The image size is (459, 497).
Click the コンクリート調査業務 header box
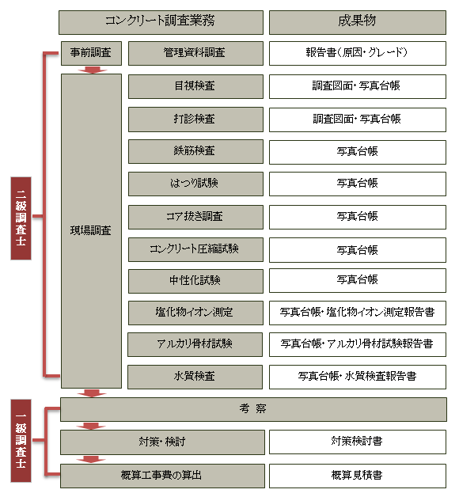click(x=161, y=22)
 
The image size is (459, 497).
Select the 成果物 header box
click(x=357, y=22)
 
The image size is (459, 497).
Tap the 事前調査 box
click(x=91, y=53)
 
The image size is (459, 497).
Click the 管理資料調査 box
click(x=195, y=53)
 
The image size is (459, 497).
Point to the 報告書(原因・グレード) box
click(x=357, y=53)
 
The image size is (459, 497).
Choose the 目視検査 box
click(x=195, y=86)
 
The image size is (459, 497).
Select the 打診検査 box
click(x=195, y=120)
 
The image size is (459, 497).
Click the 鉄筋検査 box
click(x=195, y=151)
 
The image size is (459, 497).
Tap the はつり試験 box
click(x=195, y=184)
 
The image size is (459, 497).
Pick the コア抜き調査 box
click(x=195, y=217)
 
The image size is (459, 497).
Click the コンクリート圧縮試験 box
click(x=195, y=250)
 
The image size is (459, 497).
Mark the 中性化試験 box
click(x=195, y=281)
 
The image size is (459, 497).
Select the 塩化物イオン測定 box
click(x=195, y=313)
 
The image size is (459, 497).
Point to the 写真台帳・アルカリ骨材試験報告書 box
click(x=357, y=344)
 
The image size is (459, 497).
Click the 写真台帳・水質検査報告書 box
click(x=357, y=377)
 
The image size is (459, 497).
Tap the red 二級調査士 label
click(x=21, y=218)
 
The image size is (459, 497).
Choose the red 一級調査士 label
click(x=21, y=441)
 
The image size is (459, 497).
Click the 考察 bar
click(x=253, y=409)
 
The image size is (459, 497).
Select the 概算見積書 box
click(x=357, y=476)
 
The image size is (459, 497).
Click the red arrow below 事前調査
click(x=92, y=70)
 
